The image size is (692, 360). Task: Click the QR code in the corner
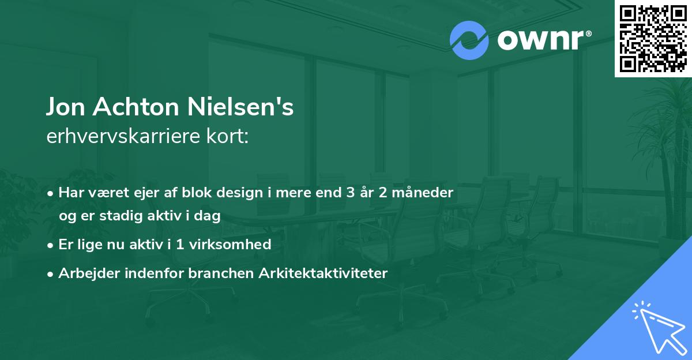point(653,39)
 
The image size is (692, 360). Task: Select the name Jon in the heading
point(65,108)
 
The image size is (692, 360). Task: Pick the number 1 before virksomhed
point(180,245)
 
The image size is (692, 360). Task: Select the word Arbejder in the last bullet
point(86,273)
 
